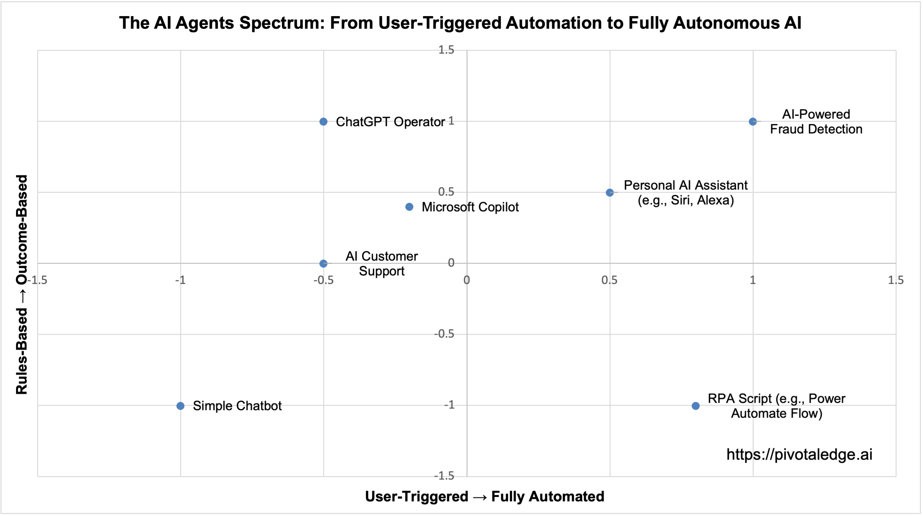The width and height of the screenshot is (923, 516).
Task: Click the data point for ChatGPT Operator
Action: click(x=323, y=122)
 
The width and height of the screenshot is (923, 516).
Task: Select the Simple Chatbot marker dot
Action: click(x=181, y=406)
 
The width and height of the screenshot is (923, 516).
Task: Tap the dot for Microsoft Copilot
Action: click(x=409, y=207)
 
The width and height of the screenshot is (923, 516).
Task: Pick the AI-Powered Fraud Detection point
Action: click(x=753, y=122)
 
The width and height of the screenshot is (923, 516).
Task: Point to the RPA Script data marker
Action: click(x=695, y=406)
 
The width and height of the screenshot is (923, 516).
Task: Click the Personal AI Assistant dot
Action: click(x=610, y=193)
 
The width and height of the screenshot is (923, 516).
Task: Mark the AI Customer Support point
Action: click(x=323, y=264)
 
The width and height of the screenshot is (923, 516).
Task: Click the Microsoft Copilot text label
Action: click(x=470, y=207)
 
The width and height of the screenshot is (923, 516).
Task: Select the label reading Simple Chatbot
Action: click(x=237, y=406)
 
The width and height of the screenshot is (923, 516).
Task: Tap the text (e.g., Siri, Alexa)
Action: click(x=685, y=200)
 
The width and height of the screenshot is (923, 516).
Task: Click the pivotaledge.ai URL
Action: click(x=799, y=454)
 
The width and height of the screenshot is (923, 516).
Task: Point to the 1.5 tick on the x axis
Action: click(x=896, y=280)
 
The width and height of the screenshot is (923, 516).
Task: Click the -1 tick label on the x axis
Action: click(x=180, y=280)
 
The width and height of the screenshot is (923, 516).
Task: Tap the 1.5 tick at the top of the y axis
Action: click(x=446, y=50)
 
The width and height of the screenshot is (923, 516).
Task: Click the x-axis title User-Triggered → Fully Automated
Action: click(x=485, y=496)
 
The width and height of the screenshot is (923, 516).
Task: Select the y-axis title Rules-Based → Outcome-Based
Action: click(x=22, y=285)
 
